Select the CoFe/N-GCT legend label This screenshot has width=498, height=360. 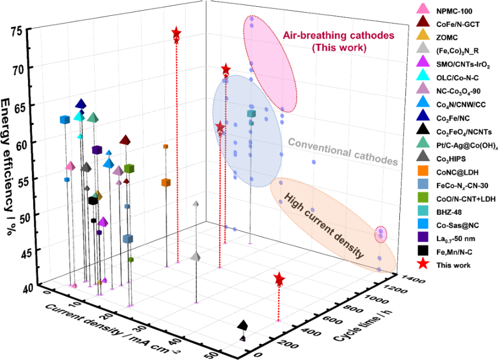click(x=449, y=24)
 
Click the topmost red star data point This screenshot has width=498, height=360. click(x=176, y=33)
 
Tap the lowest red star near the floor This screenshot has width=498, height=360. click(x=279, y=279)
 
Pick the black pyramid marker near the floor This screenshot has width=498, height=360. click(x=243, y=325)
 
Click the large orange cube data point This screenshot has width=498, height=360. click(x=165, y=182)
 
